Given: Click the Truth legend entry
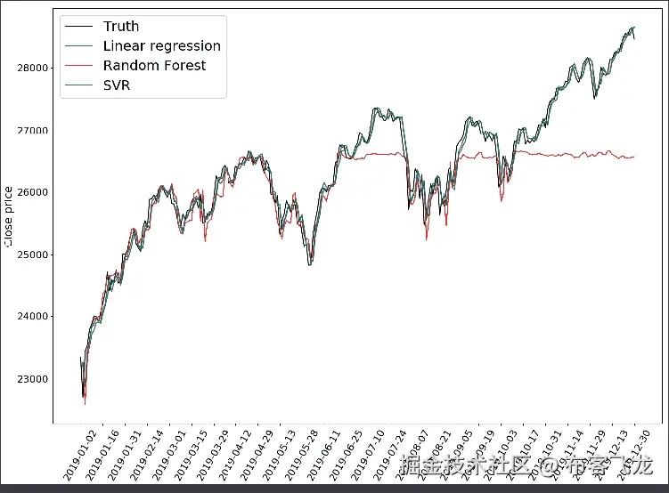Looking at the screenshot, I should tap(121, 27).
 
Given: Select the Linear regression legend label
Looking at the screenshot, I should tap(161, 46).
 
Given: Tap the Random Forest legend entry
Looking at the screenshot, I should tap(154, 66).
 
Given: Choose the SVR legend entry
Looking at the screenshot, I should tap(117, 85).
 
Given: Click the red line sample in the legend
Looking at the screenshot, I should tap(80, 66).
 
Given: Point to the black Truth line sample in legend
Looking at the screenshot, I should tap(80, 27).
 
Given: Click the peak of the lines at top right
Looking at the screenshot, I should tap(632, 28).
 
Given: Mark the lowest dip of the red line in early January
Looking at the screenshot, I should tap(85, 404).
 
